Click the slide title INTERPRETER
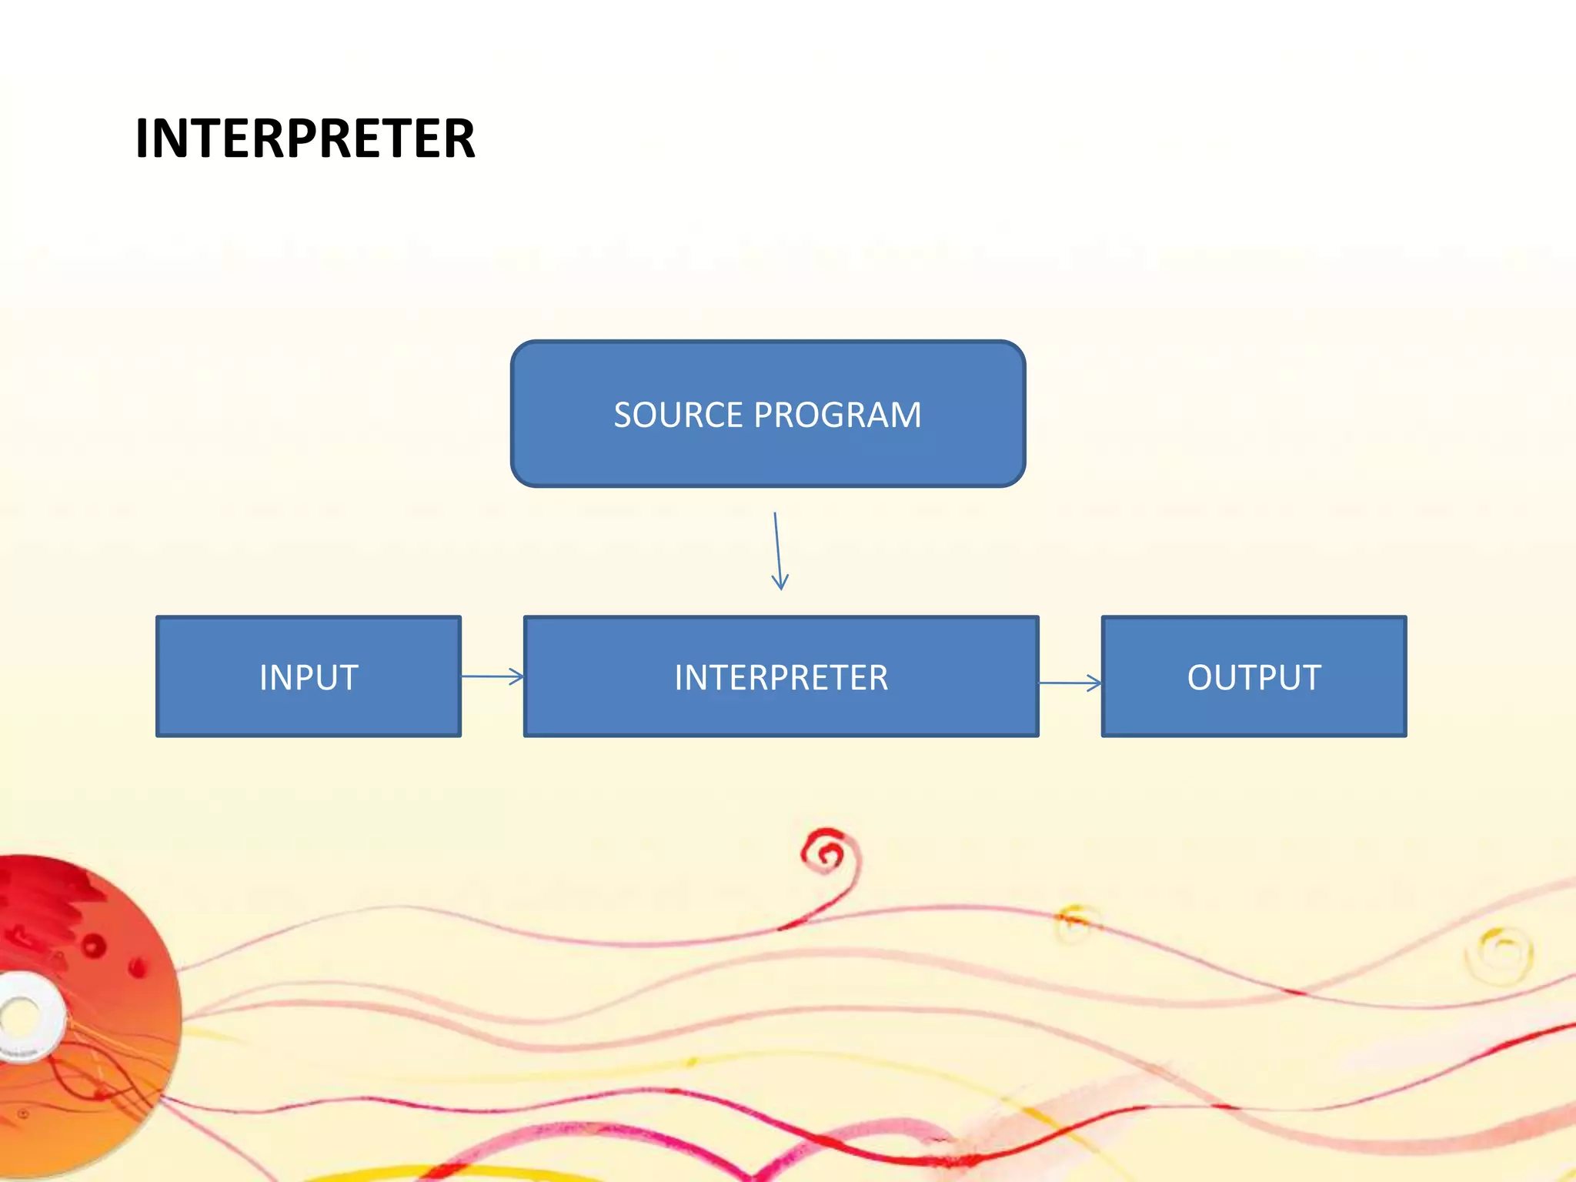click(x=305, y=139)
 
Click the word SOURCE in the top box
click(x=678, y=416)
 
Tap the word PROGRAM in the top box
click(x=837, y=416)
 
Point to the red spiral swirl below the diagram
click(x=828, y=853)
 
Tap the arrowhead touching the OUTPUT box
click(x=1095, y=683)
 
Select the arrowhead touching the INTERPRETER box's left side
click(x=518, y=677)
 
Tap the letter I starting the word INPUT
click(x=263, y=678)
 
